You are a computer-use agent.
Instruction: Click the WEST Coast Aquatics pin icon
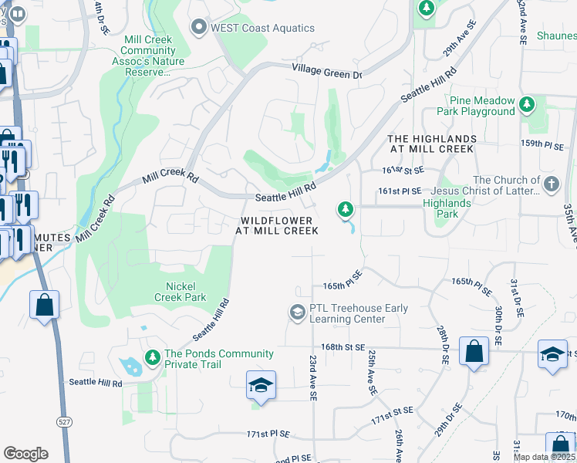pyautogui.click(x=200, y=29)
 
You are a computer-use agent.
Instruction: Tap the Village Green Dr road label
pyautogui.click(x=326, y=72)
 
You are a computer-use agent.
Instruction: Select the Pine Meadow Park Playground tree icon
pyautogui.click(x=527, y=103)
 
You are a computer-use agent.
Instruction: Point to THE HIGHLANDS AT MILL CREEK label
pyautogui.click(x=432, y=143)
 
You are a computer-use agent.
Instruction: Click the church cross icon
pyautogui.click(x=551, y=184)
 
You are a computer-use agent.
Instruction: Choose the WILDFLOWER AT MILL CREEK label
pyautogui.click(x=276, y=225)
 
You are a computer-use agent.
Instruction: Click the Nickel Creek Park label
pyautogui.click(x=180, y=292)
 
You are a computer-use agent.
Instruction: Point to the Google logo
pyautogui.click(x=25, y=454)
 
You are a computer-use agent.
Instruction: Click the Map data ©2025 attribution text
pyautogui.click(x=545, y=457)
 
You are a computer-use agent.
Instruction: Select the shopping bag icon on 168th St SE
pyautogui.click(x=474, y=351)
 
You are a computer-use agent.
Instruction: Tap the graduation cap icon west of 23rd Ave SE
pyautogui.click(x=261, y=385)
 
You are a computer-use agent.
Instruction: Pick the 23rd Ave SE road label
pyautogui.click(x=313, y=378)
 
